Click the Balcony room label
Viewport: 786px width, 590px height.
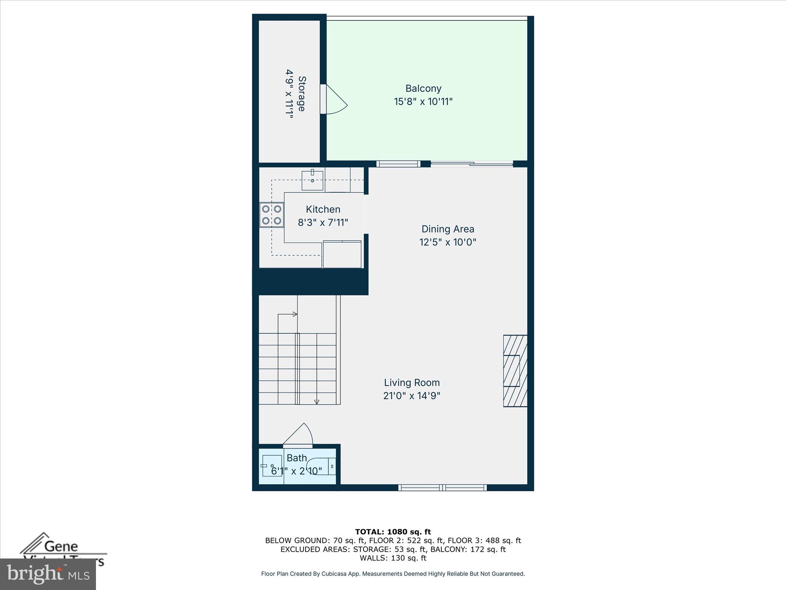tap(423, 88)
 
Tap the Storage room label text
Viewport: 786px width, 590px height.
tap(302, 94)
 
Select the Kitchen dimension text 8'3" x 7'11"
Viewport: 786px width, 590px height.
tap(323, 222)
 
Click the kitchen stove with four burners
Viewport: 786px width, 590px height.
tap(271, 215)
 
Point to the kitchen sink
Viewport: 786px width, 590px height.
tap(312, 181)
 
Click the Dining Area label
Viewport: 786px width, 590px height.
tap(447, 229)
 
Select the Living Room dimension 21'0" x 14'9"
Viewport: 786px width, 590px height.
tap(411, 396)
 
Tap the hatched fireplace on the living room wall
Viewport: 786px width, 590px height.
tap(515, 371)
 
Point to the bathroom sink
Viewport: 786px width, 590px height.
tap(272, 466)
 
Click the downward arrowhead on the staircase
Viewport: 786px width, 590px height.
tap(317, 402)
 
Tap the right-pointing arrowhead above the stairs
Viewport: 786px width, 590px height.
tap(295, 314)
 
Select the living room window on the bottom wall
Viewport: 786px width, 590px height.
tap(443, 487)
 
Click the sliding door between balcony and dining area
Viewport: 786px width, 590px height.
tap(471, 164)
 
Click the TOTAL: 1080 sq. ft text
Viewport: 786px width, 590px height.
tap(393, 532)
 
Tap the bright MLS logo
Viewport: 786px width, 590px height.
tap(48, 574)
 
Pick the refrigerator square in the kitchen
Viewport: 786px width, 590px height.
tap(342, 254)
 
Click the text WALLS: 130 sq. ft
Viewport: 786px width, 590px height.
tap(393, 558)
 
